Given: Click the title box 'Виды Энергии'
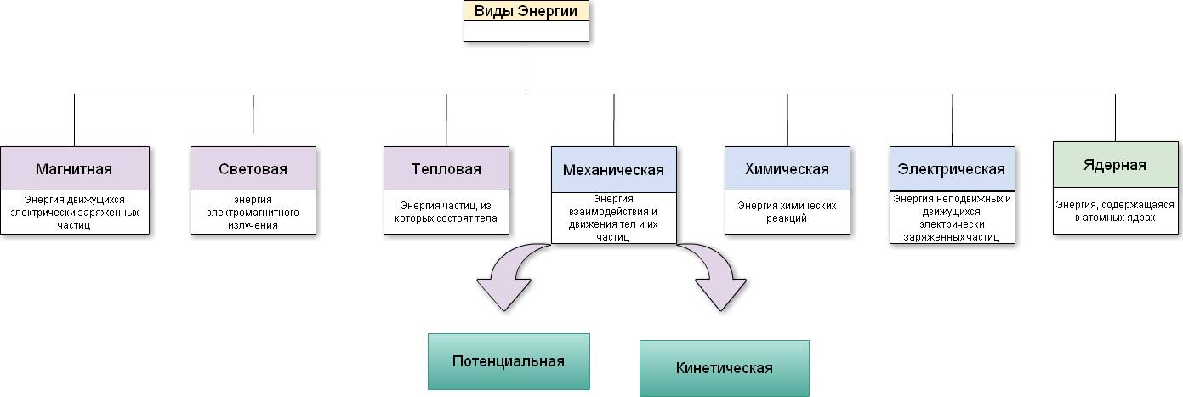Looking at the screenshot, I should (526, 11).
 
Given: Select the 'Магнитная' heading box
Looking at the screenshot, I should (74, 168).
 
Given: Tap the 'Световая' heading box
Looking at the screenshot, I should (253, 168).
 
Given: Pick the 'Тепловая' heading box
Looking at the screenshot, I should (446, 168).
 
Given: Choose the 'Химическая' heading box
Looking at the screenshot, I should (787, 168).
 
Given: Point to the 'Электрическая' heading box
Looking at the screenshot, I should (952, 169).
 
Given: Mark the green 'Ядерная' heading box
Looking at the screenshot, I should (1115, 164).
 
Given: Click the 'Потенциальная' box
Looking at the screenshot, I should (509, 360).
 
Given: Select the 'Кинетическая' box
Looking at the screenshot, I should (724, 368).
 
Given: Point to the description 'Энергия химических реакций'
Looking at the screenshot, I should (787, 212).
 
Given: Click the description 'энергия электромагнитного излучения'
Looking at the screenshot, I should (253, 212).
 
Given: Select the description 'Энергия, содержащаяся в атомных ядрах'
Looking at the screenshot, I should (1115, 211).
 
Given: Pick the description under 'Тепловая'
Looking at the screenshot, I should (446, 212).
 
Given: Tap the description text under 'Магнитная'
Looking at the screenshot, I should (74, 212).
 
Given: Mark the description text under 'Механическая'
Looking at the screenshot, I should (613, 218).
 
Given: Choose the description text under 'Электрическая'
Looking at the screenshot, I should (952, 218).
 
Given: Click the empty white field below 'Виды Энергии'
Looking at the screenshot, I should (526, 31).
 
